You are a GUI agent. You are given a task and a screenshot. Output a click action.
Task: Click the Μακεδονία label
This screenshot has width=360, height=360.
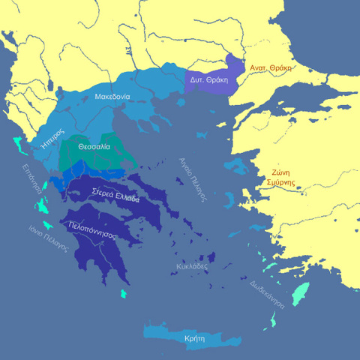coord(112,97)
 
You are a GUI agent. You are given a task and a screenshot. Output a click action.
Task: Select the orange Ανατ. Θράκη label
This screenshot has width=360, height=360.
coord(270,67)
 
